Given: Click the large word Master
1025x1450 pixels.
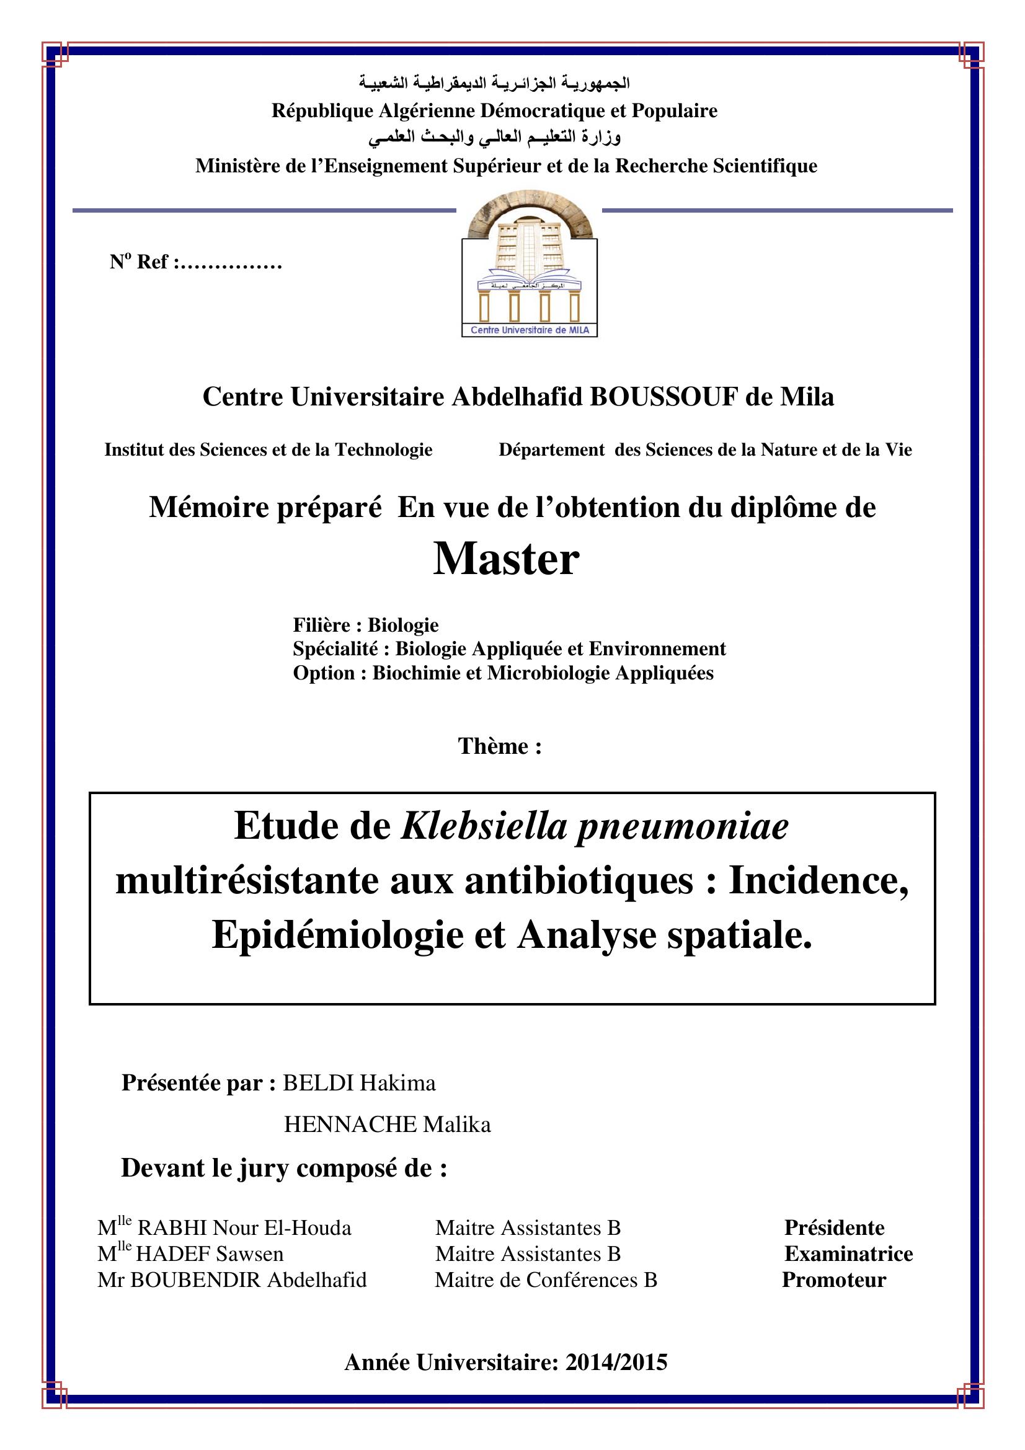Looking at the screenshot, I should coord(506,560).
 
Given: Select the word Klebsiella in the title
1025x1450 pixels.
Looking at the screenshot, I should coord(483,825).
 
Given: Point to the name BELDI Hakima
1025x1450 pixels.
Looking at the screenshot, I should coord(358,1083).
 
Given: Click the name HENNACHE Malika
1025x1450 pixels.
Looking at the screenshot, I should coord(387,1124).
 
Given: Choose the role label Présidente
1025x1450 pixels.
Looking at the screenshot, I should coord(834,1227).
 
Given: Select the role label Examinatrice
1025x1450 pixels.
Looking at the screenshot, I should coord(849,1253).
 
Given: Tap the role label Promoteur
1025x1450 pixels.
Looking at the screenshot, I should coord(833,1280).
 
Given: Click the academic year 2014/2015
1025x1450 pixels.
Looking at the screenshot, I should coord(616,1362).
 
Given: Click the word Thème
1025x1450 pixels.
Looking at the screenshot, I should coord(500,746).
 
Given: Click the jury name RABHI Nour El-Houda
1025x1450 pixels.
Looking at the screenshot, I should coord(244,1227).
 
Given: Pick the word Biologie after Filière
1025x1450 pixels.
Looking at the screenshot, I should coord(403,626).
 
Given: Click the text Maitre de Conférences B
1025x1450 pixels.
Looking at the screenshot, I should coord(546,1280).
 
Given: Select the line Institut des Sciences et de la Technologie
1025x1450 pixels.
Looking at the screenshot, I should coord(268,449).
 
